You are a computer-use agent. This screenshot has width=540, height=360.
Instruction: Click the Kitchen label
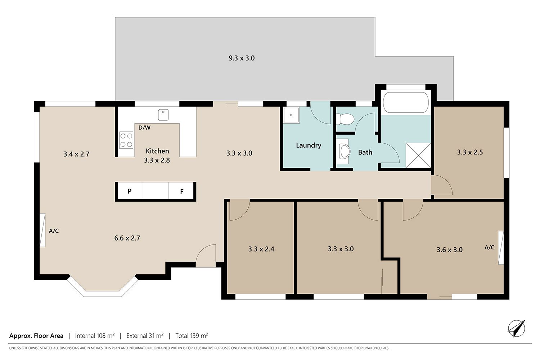(x=157, y=151)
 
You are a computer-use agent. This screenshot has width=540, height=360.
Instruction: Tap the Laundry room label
(x=309, y=145)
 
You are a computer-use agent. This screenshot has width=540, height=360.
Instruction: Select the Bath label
(x=365, y=152)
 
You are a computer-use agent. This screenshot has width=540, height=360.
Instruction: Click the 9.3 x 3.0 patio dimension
(x=242, y=58)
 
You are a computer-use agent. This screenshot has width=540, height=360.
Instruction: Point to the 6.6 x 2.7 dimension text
(x=127, y=238)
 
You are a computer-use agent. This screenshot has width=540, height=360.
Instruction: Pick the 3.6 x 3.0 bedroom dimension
(x=450, y=250)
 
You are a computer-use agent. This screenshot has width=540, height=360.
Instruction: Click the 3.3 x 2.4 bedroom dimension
(x=261, y=249)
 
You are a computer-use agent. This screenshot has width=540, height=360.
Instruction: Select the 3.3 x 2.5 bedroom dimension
(x=470, y=152)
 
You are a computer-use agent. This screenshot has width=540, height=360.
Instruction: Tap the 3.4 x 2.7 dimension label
(x=76, y=154)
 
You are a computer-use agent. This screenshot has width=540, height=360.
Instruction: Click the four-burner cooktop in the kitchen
(x=126, y=140)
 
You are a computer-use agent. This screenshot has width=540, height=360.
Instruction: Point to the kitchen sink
(x=163, y=115)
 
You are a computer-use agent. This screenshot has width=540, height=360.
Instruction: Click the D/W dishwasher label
(x=144, y=127)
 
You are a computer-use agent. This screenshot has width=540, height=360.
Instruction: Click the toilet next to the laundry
(x=345, y=119)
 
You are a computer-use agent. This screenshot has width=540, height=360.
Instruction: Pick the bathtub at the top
(x=406, y=102)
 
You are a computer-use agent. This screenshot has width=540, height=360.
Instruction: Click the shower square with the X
(x=418, y=155)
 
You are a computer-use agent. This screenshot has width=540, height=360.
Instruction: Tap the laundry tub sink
(x=291, y=115)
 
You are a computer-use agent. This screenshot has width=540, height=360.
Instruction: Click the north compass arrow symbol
(x=517, y=328)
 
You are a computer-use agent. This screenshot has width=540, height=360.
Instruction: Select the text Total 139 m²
(x=192, y=336)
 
